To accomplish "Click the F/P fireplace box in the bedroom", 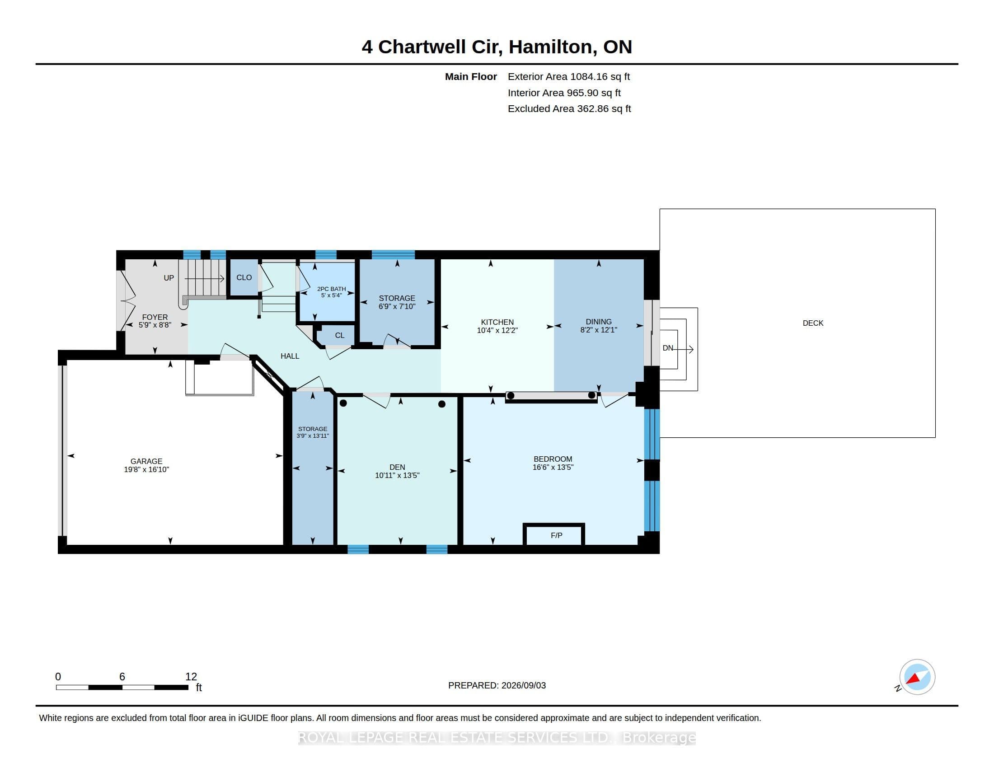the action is (553, 534).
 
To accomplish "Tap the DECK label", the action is (813, 323).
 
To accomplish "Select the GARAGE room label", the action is (146, 461).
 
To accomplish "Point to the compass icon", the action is (917, 677).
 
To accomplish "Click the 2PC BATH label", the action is (331, 289).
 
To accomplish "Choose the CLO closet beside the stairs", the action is (244, 277).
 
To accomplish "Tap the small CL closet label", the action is (339, 335).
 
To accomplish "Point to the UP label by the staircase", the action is (169, 278).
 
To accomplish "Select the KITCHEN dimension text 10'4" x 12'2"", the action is (497, 330).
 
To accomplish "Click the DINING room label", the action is (599, 322).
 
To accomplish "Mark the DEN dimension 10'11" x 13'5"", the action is (397, 475).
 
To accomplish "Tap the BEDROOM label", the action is (553, 459).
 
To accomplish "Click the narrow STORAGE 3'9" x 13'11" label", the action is (313, 432).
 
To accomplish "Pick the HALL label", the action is (290, 356).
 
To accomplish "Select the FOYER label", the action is (155, 317).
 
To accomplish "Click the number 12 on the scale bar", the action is (191, 677).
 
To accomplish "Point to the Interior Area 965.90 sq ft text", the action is (564, 93).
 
